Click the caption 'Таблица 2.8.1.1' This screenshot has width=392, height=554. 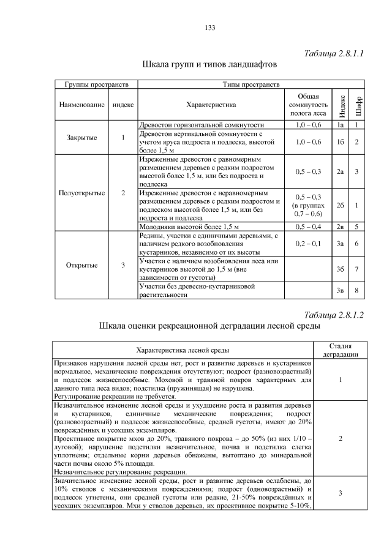pos(334,53)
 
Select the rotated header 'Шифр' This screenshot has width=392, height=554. pos(358,105)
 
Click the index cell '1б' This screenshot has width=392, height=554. pos(341,141)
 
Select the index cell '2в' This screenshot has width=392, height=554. pos(341,226)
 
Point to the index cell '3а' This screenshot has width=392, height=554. pos(341,244)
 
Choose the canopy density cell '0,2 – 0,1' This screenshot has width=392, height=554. pos(308,244)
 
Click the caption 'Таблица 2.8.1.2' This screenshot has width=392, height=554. pos(334,315)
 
